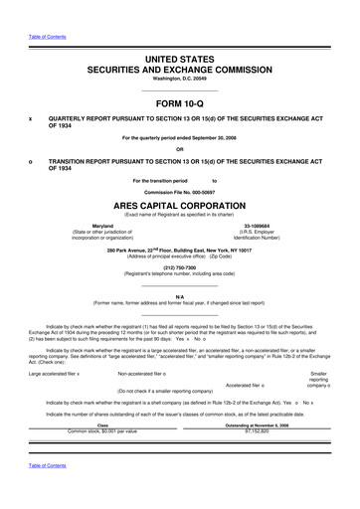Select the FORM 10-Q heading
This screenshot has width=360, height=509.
coord(179,101)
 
